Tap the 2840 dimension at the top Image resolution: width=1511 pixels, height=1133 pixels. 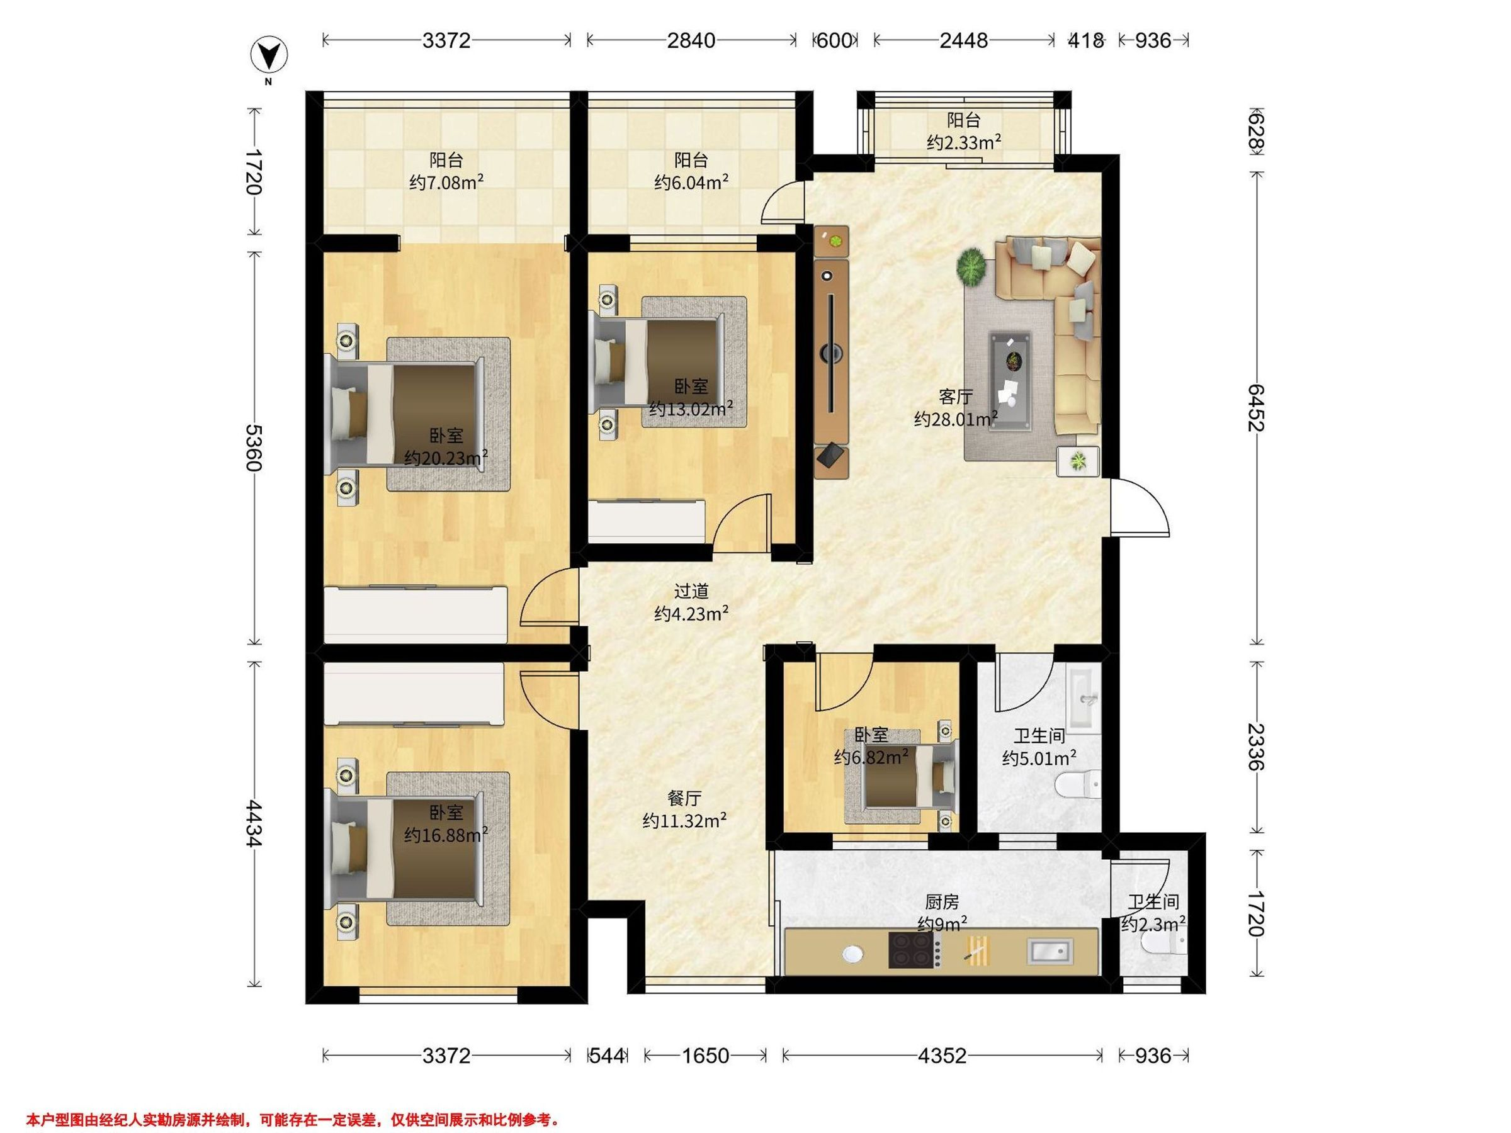point(691,40)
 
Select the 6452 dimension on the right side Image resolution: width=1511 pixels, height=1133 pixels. point(1256,408)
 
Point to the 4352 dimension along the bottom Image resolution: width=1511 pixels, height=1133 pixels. point(942,1056)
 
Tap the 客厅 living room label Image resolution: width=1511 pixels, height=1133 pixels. point(956,397)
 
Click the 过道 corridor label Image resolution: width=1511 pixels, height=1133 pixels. point(691,592)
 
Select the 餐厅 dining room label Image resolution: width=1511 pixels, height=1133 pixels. point(684,798)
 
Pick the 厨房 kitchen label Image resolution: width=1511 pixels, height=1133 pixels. point(942,902)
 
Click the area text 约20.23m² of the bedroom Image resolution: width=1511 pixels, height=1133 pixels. point(445,457)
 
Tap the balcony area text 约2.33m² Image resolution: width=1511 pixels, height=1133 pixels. point(964,142)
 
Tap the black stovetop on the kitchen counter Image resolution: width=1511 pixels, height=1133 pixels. point(911,950)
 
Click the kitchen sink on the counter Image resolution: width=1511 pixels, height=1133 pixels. point(1051,950)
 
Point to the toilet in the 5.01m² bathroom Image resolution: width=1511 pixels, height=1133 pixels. point(1078,784)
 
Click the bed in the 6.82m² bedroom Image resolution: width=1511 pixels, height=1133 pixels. point(908,777)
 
